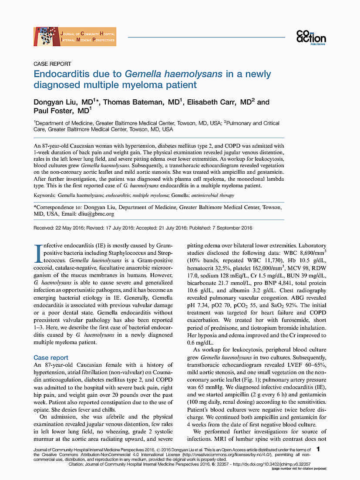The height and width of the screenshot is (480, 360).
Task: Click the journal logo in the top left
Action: click(75, 37)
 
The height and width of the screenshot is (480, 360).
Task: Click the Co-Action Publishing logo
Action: click(311, 37)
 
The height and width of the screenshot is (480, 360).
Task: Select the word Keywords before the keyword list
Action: click(45, 196)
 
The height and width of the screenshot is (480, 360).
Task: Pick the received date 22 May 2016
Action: click(70, 228)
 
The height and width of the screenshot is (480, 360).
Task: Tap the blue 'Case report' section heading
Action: click(51, 358)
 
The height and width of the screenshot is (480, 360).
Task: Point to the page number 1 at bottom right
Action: click(319, 449)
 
